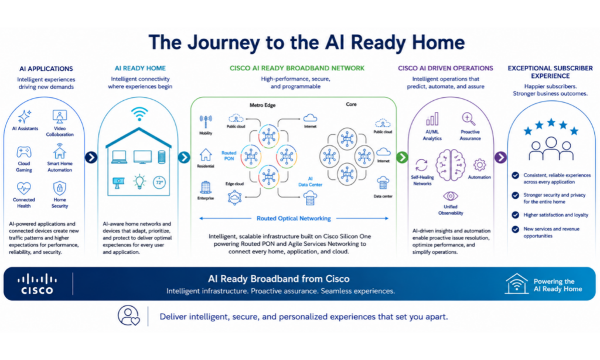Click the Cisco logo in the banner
point(37,284)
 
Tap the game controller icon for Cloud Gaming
point(23,152)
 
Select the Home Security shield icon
point(59,188)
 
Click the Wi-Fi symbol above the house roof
point(139,114)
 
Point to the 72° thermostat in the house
point(159,183)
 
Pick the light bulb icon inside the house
point(139,182)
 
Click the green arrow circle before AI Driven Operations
point(402,157)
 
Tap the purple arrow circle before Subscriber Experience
point(500,157)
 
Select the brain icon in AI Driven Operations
point(451,165)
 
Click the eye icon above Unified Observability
point(451,196)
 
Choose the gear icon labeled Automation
point(479,165)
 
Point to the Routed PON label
point(229,155)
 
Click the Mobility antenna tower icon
point(206,122)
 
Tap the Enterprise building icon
point(206,187)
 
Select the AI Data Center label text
point(311,182)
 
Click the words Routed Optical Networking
point(294,218)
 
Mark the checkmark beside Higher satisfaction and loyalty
point(516,215)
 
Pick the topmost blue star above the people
point(551,123)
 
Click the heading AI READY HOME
point(140,68)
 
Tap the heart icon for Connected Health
point(23,188)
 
